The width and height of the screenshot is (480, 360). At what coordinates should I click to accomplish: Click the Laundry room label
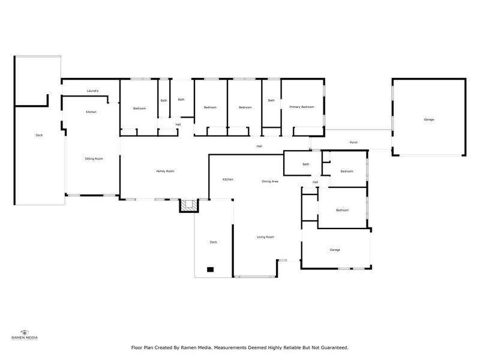point(92,91)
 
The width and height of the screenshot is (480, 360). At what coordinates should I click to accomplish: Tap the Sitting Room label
point(94,158)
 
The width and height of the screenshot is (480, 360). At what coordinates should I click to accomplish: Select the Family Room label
point(165,172)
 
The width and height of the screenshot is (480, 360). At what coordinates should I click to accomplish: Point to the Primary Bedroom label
point(302,107)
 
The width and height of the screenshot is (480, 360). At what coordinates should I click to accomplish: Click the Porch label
point(354,142)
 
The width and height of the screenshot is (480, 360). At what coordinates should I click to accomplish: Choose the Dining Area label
point(270,181)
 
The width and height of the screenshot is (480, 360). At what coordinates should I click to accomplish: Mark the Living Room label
point(266,237)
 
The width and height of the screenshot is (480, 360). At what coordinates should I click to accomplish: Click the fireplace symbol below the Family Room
point(189,206)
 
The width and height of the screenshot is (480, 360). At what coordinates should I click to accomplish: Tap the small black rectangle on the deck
point(210,269)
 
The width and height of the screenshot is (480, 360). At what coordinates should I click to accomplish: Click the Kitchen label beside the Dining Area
point(228,179)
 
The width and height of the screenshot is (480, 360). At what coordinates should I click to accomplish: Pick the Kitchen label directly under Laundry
point(91,112)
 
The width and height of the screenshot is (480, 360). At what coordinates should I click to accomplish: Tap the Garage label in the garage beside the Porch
point(429,119)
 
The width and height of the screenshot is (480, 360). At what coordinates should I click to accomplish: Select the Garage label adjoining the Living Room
point(335,250)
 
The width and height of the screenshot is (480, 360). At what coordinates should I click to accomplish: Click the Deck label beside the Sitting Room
point(39,135)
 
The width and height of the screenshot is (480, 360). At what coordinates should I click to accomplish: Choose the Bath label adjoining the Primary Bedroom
point(271,100)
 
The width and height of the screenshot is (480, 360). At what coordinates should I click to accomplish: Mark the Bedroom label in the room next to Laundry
point(139,108)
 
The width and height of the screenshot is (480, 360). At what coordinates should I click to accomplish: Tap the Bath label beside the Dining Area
point(306,164)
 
